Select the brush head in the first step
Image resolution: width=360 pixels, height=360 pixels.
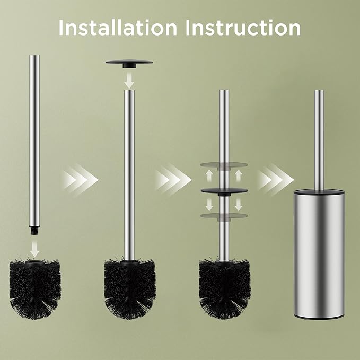click(35, 286)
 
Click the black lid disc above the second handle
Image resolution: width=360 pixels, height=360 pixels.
click(129, 63)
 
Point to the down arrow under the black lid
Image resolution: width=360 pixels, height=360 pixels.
click(129, 80)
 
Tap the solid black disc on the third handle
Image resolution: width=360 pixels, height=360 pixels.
click(224, 190)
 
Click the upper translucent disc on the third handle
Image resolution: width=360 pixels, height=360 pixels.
click(224, 165)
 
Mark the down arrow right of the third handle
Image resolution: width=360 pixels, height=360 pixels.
click(238, 204)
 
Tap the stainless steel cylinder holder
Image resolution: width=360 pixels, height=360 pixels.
click(319, 254)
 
